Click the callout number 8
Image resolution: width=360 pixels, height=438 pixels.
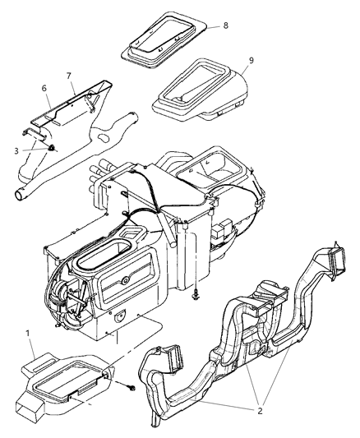[x=225, y=25]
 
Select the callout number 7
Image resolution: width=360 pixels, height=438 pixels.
[x=71, y=75]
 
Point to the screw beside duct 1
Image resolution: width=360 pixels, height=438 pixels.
[x=131, y=385]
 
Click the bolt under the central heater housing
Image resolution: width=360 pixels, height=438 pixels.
[x=196, y=292]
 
